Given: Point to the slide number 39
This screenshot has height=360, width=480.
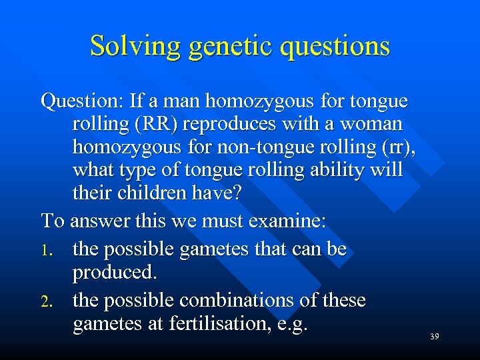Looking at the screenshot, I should pyautogui.click(x=434, y=337).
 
